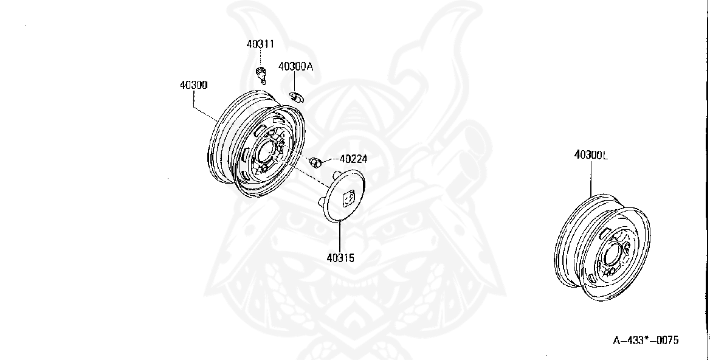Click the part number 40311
[x=260, y=44]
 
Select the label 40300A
[x=295, y=67]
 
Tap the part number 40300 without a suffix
[x=193, y=86]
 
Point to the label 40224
[x=353, y=159]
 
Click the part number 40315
[x=340, y=258]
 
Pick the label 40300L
[x=591, y=155]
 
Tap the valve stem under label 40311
[x=262, y=75]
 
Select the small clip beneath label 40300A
[x=297, y=97]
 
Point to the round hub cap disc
[x=342, y=196]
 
